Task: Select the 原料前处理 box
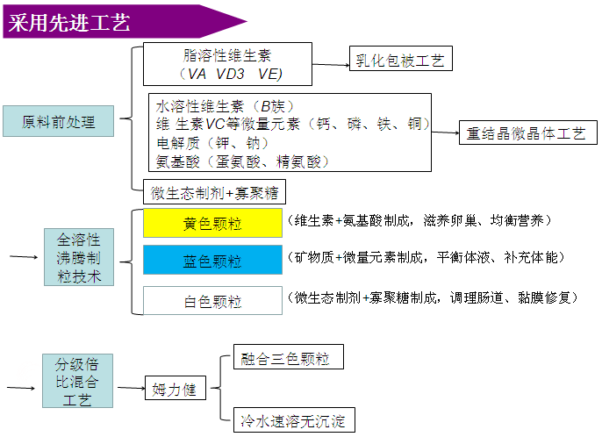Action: click(x=58, y=121)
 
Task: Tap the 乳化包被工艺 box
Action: click(x=401, y=58)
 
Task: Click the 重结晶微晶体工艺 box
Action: click(x=528, y=132)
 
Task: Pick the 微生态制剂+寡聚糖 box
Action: click(x=214, y=192)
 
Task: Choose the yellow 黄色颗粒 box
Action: click(x=212, y=223)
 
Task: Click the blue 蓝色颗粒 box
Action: click(x=212, y=261)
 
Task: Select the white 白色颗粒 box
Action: click(x=212, y=301)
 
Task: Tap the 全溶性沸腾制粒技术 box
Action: click(x=79, y=257)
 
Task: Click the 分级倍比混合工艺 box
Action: click(x=77, y=381)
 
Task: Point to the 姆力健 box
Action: click(x=176, y=388)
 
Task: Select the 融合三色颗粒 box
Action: click(x=289, y=357)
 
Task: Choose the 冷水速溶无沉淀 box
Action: click(x=294, y=419)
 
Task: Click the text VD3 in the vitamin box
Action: click(x=230, y=74)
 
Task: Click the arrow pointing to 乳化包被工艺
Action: click(x=331, y=65)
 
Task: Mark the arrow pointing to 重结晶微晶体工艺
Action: click(x=446, y=132)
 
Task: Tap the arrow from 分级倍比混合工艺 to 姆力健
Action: click(x=131, y=388)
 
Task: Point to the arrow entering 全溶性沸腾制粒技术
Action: click(x=24, y=257)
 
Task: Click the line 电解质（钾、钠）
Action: click(x=212, y=143)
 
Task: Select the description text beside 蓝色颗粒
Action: click(x=426, y=257)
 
